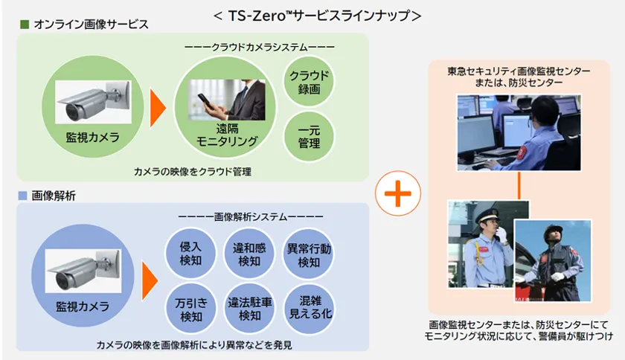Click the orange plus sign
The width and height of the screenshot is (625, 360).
(x=397, y=194)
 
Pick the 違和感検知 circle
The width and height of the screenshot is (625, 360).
(x=246, y=254)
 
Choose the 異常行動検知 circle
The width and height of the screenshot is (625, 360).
(x=309, y=254)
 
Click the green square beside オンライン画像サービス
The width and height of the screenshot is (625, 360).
(x=24, y=24)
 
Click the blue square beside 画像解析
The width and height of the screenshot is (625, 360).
(x=24, y=196)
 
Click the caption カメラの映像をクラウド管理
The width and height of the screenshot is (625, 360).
(x=192, y=171)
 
